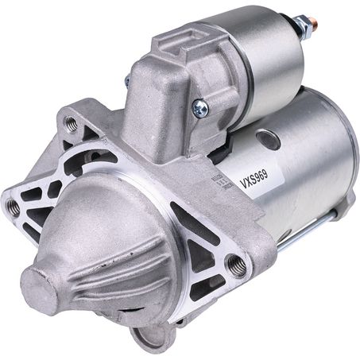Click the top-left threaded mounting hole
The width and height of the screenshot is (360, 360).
click(x=71, y=123)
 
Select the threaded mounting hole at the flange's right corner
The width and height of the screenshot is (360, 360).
click(x=235, y=262)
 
